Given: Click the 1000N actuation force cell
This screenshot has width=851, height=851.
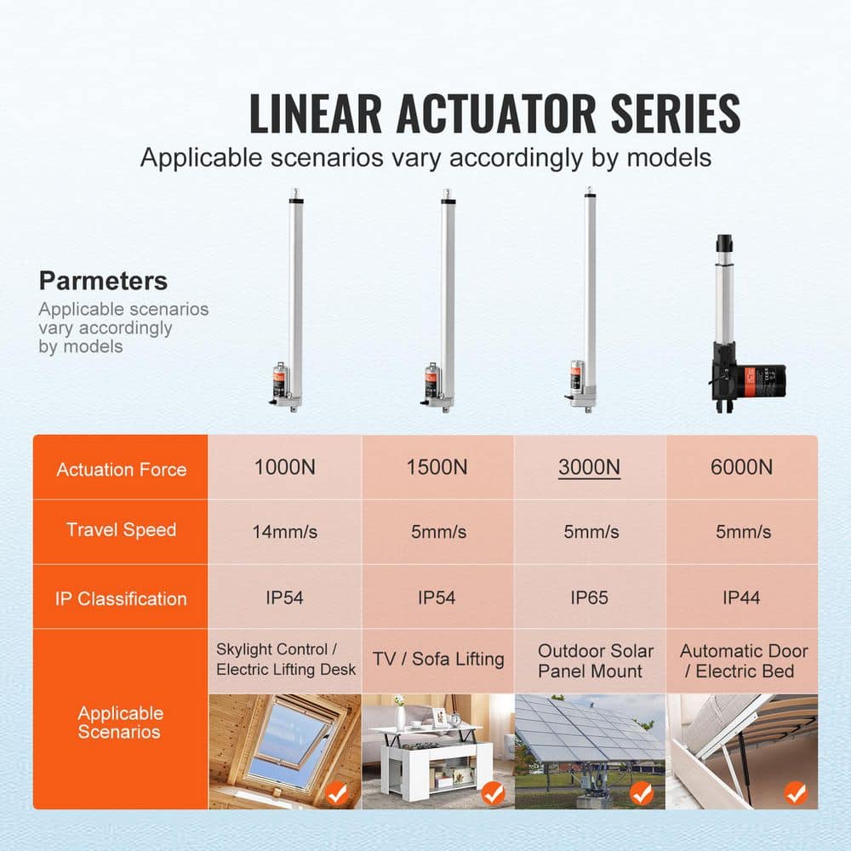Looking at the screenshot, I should pyautogui.click(x=285, y=467).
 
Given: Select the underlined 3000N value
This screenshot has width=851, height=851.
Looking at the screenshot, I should pyautogui.click(x=589, y=467).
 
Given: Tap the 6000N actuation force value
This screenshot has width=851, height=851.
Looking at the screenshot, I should pyautogui.click(x=742, y=467).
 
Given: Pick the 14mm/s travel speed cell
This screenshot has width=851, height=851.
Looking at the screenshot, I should pyautogui.click(x=285, y=532).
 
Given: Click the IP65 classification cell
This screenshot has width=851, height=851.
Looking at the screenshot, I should pyautogui.click(x=589, y=597).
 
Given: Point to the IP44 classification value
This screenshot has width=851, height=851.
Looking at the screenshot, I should pyautogui.click(x=742, y=597).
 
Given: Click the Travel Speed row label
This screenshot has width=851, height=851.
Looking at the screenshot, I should pyautogui.click(x=121, y=530).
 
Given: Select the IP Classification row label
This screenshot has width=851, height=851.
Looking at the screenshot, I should pyautogui.click(x=121, y=598).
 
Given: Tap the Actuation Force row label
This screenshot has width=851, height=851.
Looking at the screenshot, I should pyautogui.click(x=121, y=469).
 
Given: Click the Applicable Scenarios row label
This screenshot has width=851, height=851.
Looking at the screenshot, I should pyautogui.click(x=121, y=722).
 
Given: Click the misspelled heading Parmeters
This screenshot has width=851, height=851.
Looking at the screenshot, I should pyautogui.click(x=103, y=282).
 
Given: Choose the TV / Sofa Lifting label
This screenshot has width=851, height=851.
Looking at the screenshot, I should pyautogui.click(x=438, y=659).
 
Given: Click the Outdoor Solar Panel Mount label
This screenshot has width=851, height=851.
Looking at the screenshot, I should pyautogui.click(x=595, y=660).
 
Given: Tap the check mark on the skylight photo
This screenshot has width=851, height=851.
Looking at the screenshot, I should pyautogui.click(x=338, y=793).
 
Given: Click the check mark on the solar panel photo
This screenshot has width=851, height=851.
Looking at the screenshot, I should pyautogui.click(x=643, y=793).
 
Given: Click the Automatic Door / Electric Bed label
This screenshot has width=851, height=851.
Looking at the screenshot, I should pyautogui.click(x=744, y=660).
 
